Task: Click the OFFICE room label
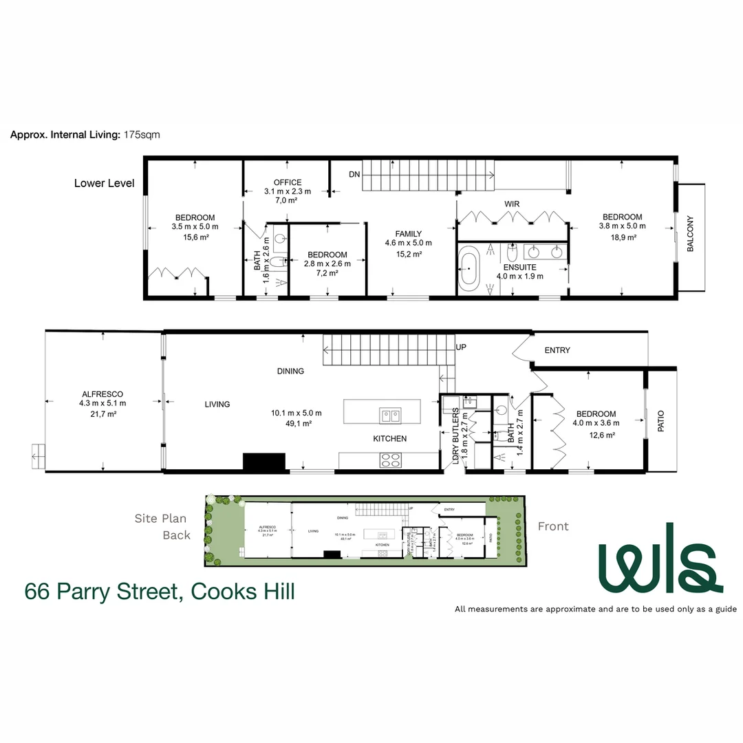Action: click(288, 182)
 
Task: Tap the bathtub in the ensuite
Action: click(471, 268)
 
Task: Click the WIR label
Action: click(511, 204)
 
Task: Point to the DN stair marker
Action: click(354, 174)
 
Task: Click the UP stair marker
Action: click(461, 347)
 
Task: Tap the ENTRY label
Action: click(557, 350)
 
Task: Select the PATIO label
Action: click(661, 420)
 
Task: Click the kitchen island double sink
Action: click(390, 416)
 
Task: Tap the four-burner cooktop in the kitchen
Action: click(390, 461)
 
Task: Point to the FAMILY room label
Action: click(408, 234)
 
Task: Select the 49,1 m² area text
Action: click(298, 424)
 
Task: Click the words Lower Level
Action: click(104, 184)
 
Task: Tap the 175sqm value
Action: click(142, 135)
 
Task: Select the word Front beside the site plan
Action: click(553, 526)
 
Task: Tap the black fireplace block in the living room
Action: click(263, 462)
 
